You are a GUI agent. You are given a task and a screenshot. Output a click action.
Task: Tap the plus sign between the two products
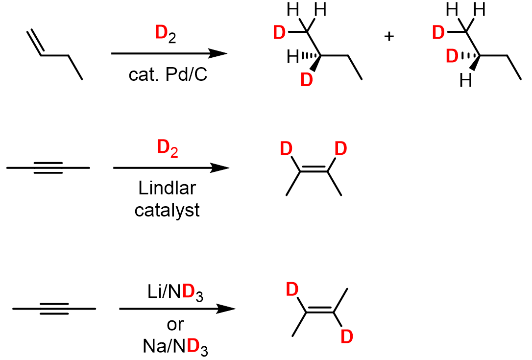(389, 37)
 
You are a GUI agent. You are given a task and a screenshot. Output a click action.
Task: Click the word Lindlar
(167, 189)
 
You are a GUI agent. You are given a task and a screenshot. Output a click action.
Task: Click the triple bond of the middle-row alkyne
(48, 168)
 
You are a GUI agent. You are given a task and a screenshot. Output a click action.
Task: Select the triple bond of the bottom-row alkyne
(54, 309)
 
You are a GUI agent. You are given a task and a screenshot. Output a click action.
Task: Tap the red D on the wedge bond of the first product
(306, 79)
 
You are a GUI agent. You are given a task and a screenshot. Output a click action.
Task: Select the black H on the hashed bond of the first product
(293, 58)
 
